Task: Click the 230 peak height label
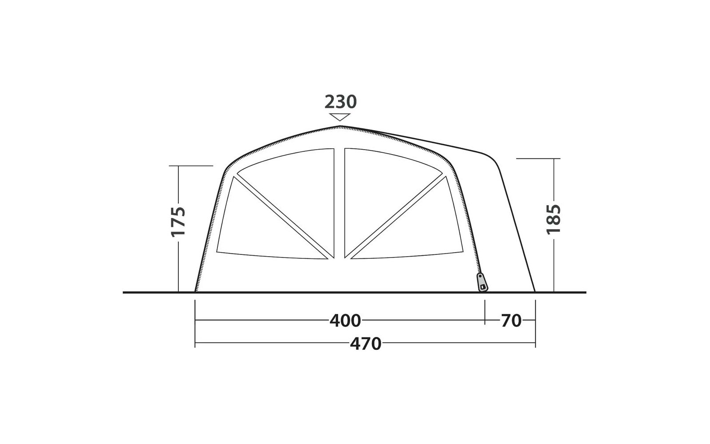click(x=341, y=102)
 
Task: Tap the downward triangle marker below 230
click(x=339, y=117)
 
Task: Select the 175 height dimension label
click(x=178, y=222)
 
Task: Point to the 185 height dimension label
click(x=554, y=219)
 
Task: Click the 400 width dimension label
click(x=345, y=321)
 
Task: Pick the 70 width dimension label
click(x=511, y=321)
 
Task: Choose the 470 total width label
click(x=366, y=344)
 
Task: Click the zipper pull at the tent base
click(x=482, y=282)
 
